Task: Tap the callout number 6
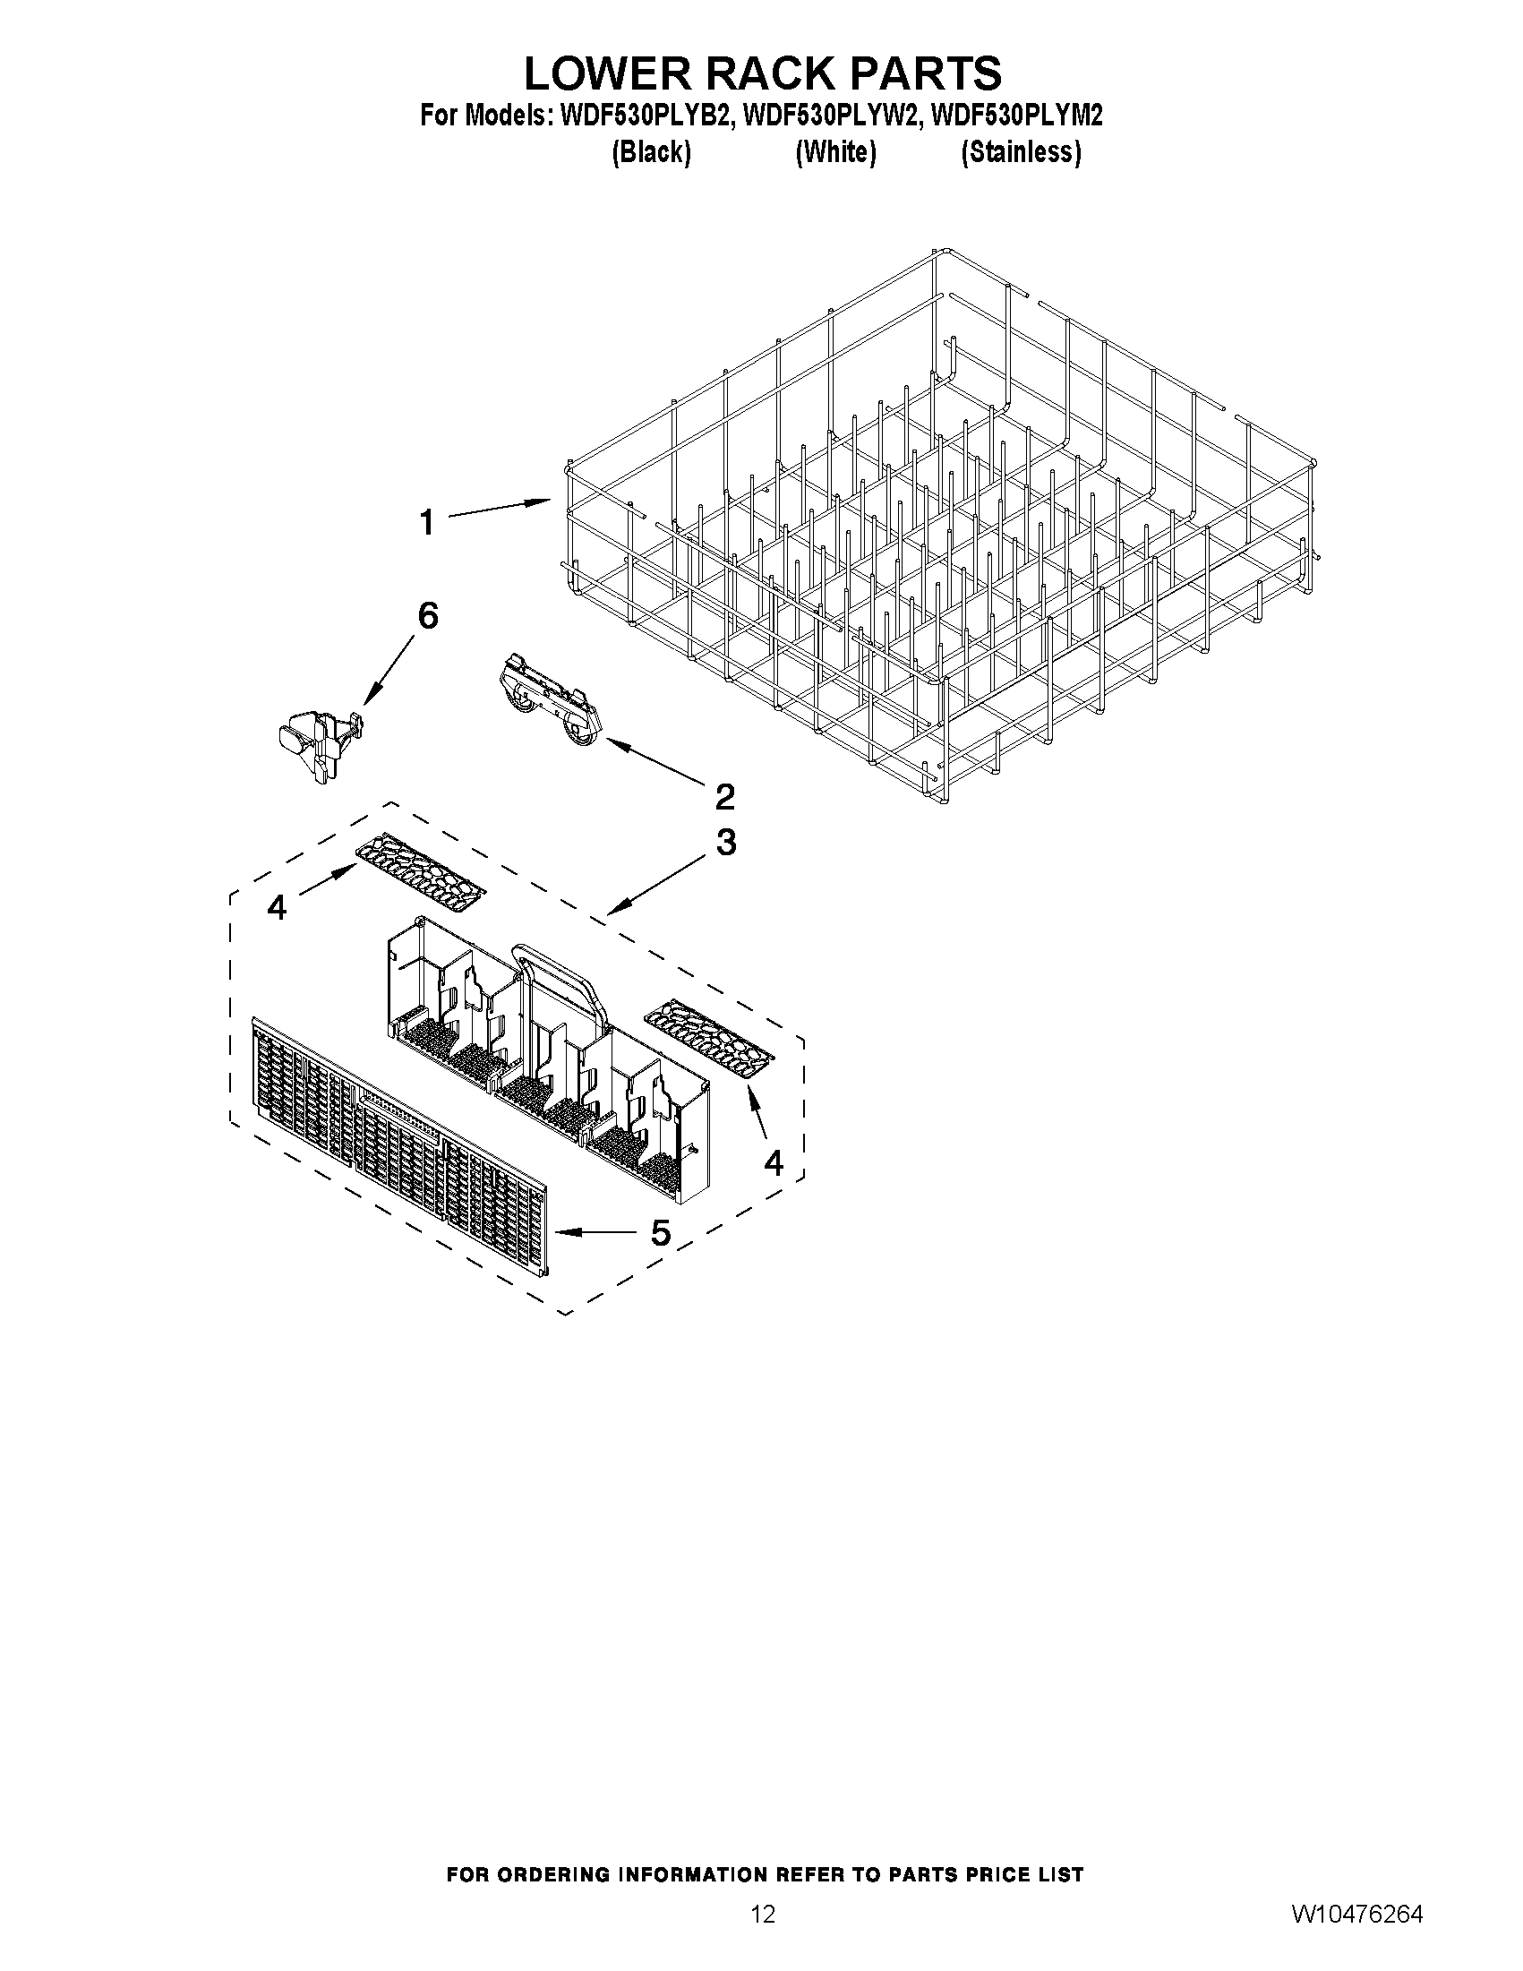point(428,616)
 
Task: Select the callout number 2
point(724,797)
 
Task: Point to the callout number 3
point(725,843)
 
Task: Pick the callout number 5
point(661,1233)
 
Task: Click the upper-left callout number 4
point(277,907)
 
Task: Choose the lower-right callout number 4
point(774,1163)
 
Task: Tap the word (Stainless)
point(1021,152)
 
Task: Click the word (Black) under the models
point(652,152)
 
